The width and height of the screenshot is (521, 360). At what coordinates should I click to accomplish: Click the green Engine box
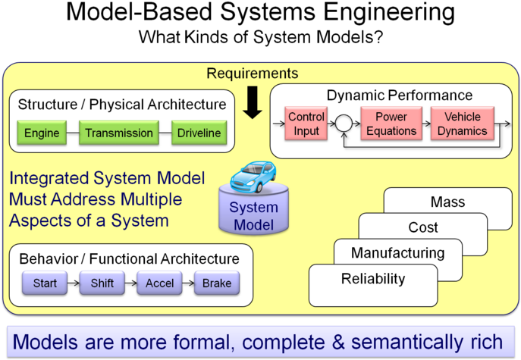[42, 133]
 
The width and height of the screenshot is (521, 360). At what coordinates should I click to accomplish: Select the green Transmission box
[119, 133]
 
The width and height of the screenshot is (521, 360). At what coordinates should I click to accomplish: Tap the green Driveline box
[199, 133]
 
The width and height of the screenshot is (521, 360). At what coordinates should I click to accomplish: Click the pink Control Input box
[306, 124]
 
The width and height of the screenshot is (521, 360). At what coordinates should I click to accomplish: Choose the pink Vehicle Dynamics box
[462, 124]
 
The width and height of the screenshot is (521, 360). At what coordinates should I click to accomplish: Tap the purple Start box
[45, 284]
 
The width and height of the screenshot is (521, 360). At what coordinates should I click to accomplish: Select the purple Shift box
[102, 284]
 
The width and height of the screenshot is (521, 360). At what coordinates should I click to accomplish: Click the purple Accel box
[160, 284]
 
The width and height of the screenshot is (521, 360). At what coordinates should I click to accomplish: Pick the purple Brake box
[216, 284]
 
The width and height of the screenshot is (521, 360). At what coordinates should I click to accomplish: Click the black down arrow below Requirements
[253, 103]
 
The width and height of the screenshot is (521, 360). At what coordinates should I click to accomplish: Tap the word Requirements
[253, 74]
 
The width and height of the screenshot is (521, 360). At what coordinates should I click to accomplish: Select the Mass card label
[447, 202]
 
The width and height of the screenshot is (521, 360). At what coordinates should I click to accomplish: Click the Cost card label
[423, 227]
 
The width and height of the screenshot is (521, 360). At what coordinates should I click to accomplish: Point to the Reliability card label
[373, 278]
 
